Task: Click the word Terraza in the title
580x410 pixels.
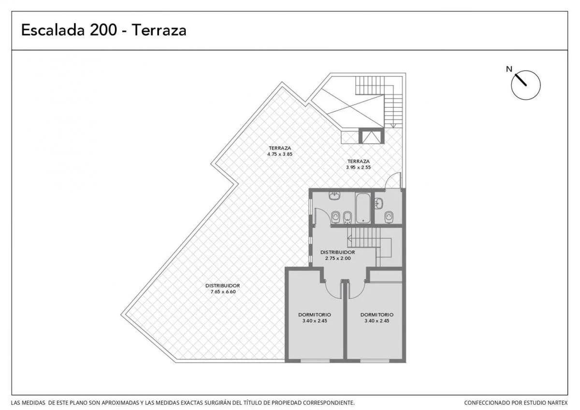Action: point(159,30)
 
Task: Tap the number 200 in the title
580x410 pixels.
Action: point(103,30)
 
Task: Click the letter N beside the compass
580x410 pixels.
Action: point(509,69)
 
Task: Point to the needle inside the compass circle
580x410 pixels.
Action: point(521,80)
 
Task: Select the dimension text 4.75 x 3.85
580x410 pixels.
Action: point(280,154)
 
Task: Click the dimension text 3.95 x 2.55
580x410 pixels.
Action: point(358,167)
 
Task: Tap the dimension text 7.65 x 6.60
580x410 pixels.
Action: point(223,292)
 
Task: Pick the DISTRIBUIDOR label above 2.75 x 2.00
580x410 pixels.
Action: point(338,252)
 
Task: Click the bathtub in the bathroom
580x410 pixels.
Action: point(363,208)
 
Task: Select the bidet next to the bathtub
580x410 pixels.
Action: point(347,217)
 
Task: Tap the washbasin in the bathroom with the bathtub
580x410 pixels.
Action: point(334,195)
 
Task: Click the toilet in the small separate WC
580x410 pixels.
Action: point(389,217)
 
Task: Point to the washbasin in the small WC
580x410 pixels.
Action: point(379,204)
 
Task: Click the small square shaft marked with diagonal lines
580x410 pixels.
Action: point(372,136)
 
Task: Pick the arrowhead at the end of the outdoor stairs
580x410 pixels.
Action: point(393,126)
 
